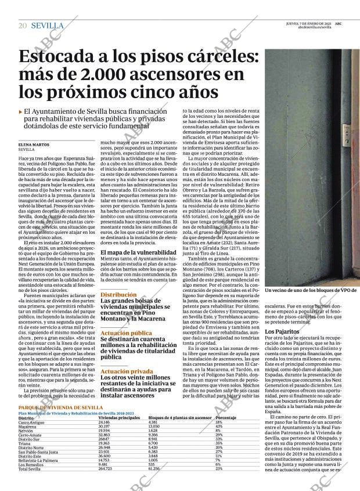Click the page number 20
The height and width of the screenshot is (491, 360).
[x=23, y=26]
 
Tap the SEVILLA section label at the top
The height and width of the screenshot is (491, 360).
[x=47, y=26]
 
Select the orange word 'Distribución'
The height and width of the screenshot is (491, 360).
[x=118, y=295]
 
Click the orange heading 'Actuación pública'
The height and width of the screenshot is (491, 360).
[x=126, y=333]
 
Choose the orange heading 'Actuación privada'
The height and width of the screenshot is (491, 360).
[x=126, y=371]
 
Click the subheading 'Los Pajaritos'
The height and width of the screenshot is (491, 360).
[x=282, y=332]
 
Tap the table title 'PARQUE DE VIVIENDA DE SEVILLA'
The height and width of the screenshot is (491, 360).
[x=60, y=408]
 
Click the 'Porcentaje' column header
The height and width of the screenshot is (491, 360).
[x=225, y=418]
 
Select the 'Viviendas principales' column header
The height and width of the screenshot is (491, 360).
[x=119, y=418]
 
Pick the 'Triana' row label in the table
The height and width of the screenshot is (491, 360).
[x=24, y=443]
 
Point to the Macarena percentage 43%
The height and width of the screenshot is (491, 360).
[x=218, y=426]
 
